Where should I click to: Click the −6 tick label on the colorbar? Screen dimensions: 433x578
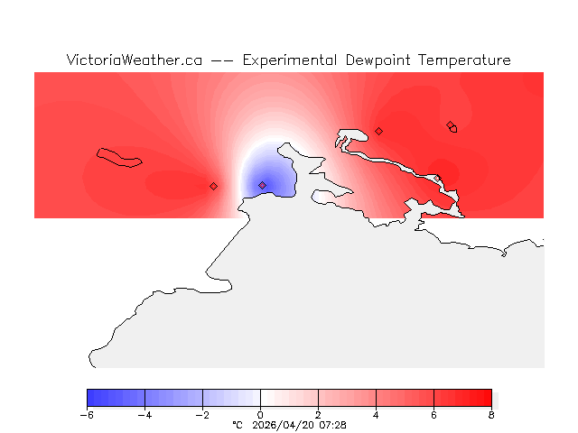(87, 414)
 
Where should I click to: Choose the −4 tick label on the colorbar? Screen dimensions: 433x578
(144, 414)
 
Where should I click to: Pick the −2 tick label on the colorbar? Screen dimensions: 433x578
(202, 414)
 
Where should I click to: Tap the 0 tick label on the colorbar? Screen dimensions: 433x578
(260, 414)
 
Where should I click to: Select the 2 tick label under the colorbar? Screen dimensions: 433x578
(318, 414)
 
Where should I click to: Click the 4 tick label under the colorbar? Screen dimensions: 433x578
(376, 414)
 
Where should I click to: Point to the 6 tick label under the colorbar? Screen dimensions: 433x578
(433, 414)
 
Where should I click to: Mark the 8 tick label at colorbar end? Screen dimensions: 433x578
(491, 414)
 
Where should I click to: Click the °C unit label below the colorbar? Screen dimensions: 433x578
(238, 424)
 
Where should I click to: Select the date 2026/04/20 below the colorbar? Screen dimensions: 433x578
(281, 424)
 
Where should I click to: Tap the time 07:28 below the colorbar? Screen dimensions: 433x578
(331, 424)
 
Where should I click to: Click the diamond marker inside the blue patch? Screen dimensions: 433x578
(262, 185)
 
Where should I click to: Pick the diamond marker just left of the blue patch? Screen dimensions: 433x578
(213, 186)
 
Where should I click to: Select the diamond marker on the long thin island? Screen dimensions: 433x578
(450, 125)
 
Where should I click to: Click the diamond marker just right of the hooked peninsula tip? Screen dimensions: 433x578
(378, 131)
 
